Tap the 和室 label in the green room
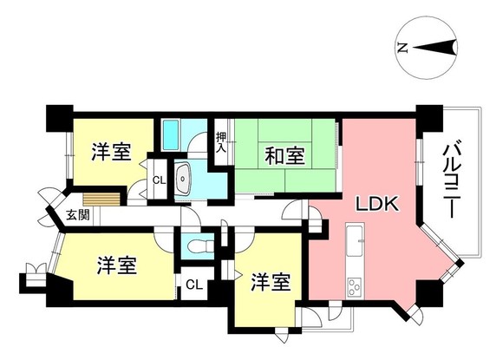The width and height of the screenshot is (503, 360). [284, 156]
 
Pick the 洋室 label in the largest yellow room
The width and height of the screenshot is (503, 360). [116, 264]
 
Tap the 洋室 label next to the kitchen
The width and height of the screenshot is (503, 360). [271, 283]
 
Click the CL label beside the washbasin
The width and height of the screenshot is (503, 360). [159, 180]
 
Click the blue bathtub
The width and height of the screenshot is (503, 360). [170, 135]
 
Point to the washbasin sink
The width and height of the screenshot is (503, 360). [185, 179]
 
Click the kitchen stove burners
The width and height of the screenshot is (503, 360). [356, 286]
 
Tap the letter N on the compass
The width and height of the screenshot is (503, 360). [402, 49]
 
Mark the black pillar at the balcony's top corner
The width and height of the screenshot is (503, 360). [425, 114]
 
